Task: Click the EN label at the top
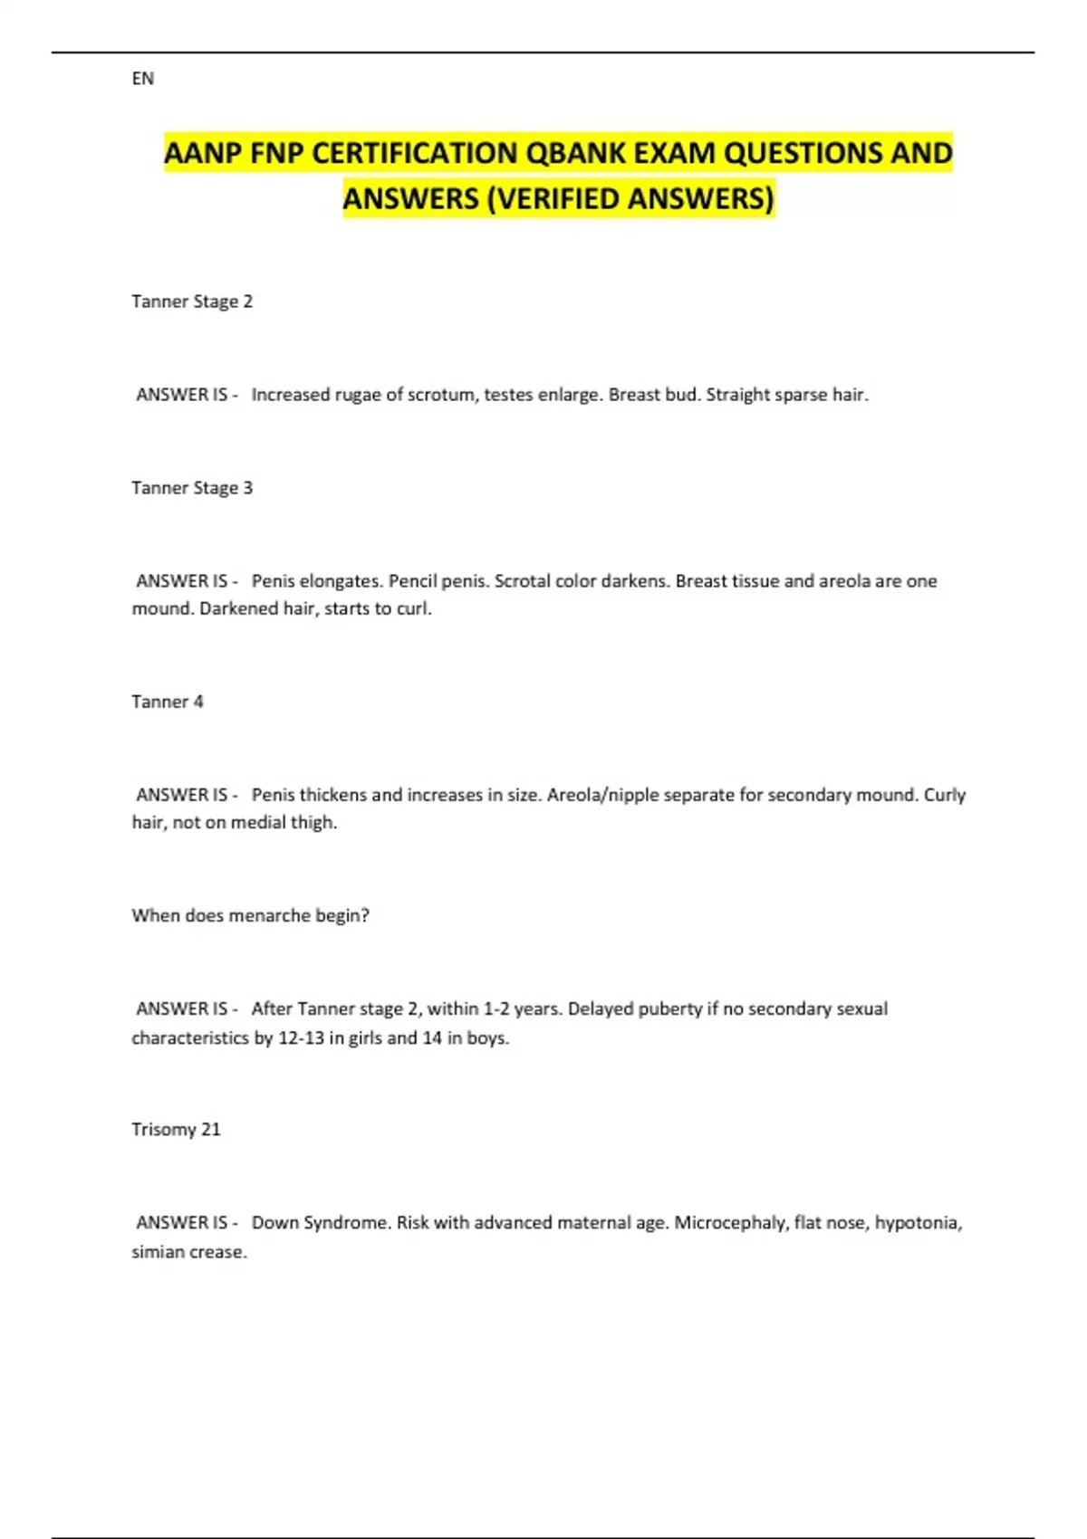(142, 79)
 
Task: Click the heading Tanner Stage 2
(192, 301)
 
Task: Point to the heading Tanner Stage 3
(192, 488)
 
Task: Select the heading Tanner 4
(168, 702)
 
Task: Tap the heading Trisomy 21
(176, 1129)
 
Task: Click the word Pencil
(412, 581)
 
